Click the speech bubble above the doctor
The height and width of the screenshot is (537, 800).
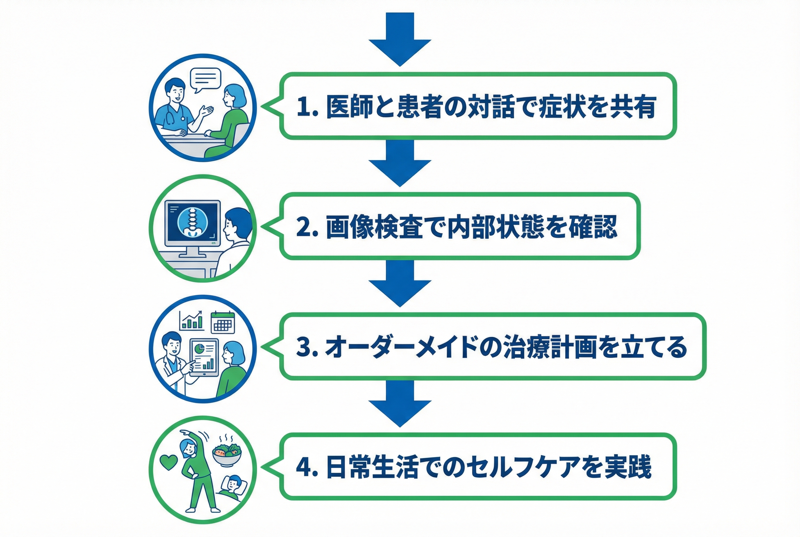205,79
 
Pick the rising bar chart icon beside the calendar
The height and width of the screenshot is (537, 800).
192,320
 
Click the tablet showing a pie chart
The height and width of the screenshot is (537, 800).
204,357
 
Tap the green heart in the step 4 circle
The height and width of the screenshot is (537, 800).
169,462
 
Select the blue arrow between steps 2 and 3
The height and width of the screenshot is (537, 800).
400,284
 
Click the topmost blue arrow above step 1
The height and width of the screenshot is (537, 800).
400,39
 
